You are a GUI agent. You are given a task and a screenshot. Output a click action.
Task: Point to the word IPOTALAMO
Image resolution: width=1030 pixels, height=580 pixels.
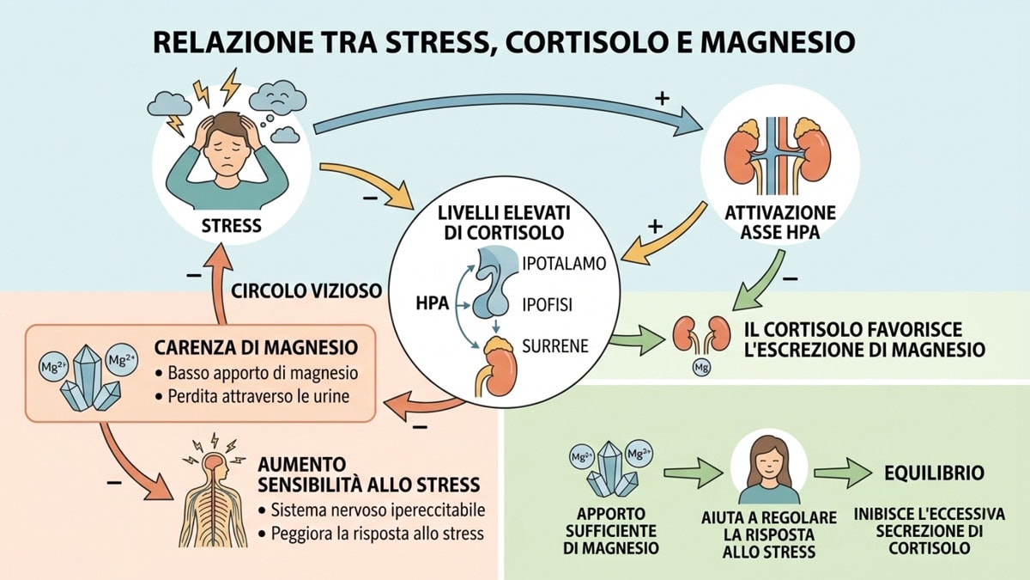564,264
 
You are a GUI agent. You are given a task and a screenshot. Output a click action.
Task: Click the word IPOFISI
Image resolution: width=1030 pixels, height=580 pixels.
550,304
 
